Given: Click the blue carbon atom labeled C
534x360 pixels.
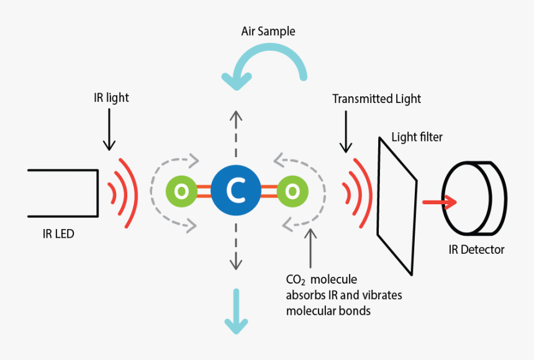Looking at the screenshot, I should click(x=235, y=192).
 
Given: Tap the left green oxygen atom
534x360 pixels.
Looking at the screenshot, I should click(x=180, y=192).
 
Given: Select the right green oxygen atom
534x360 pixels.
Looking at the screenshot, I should click(x=290, y=192).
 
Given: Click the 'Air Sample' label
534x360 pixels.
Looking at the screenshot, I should click(x=268, y=31).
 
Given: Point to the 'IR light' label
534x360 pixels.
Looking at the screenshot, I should click(x=109, y=97).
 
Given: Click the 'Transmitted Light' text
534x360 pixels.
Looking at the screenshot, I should click(x=376, y=99).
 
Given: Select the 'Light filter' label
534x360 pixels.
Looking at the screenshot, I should click(x=417, y=137).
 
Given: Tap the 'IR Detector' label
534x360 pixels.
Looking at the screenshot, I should click(x=477, y=250).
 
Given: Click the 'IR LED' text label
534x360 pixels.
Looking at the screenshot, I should click(x=59, y=234).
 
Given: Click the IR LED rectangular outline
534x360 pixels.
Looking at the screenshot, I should click(x=62, y=193).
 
